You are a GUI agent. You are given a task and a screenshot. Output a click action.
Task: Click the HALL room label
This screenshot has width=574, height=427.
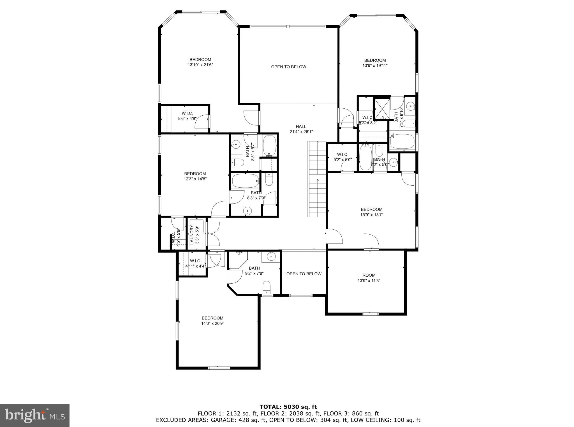tap(301, 127)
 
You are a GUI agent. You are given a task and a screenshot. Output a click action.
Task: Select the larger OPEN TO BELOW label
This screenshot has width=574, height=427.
tap(288, 67)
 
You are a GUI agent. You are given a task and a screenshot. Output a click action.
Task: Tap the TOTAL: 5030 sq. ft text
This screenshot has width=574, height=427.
tap(288, 407)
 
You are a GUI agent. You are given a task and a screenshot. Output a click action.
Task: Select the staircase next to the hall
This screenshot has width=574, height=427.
tap(317, 179)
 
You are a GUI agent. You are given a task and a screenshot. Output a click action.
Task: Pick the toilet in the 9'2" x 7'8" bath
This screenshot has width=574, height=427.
tap(266, 287)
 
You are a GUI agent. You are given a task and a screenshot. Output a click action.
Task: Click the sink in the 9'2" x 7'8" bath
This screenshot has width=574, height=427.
tap(271, 256)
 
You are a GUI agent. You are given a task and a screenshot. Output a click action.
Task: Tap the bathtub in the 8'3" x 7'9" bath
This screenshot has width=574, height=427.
tap(245, 181)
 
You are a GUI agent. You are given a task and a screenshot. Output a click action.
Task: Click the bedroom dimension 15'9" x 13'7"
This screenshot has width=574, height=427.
tap(372, 215)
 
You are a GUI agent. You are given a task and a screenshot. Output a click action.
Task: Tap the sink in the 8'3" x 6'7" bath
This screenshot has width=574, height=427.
tap(236, 145)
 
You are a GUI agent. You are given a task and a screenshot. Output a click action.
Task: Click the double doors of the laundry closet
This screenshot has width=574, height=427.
tap(213, 234)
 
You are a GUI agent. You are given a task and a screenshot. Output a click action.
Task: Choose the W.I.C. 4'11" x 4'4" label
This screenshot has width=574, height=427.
tap(195, 263)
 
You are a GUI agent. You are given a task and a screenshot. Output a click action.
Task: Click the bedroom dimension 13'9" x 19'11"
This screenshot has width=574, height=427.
tap(375, 66)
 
